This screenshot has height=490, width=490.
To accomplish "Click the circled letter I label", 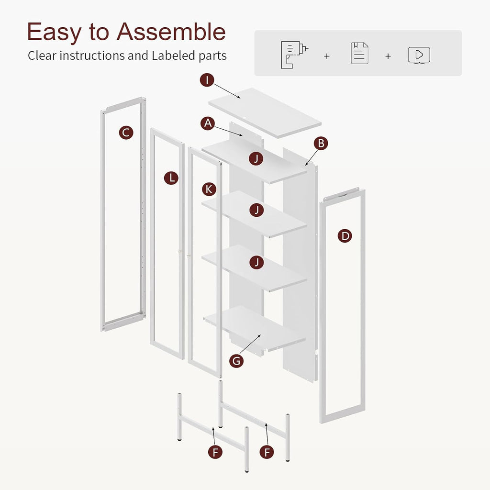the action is coord(207,80).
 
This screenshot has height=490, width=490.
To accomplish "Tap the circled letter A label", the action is coord(208,123).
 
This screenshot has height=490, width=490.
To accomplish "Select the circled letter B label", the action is coord(321,144).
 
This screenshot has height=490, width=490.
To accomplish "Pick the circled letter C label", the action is coord(126,133).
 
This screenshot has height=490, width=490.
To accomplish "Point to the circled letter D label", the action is coord(345,235).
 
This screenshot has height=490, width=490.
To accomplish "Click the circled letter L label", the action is coord(171,178).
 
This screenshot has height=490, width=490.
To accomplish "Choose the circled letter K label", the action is coord(209,189).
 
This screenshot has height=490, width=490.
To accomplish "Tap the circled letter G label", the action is coord(236,361).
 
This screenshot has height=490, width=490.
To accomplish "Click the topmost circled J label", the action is coord(256,158).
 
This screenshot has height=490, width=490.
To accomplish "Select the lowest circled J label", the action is coord(256,262).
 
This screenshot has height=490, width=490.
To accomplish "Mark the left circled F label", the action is coord(215,452).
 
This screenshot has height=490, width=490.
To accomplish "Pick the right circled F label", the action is coord(267,452).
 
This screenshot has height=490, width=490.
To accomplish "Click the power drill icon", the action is coord(294,55).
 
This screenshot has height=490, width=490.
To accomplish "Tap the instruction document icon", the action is coord(359,53).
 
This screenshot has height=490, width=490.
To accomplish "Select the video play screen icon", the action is coord(419,56).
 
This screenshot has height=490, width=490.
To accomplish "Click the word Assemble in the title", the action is coord(171,32).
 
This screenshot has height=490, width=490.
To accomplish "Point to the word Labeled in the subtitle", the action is coord(173,56).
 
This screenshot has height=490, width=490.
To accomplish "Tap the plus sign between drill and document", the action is coord(327,56).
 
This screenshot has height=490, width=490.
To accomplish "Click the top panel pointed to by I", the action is coord(265,113).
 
